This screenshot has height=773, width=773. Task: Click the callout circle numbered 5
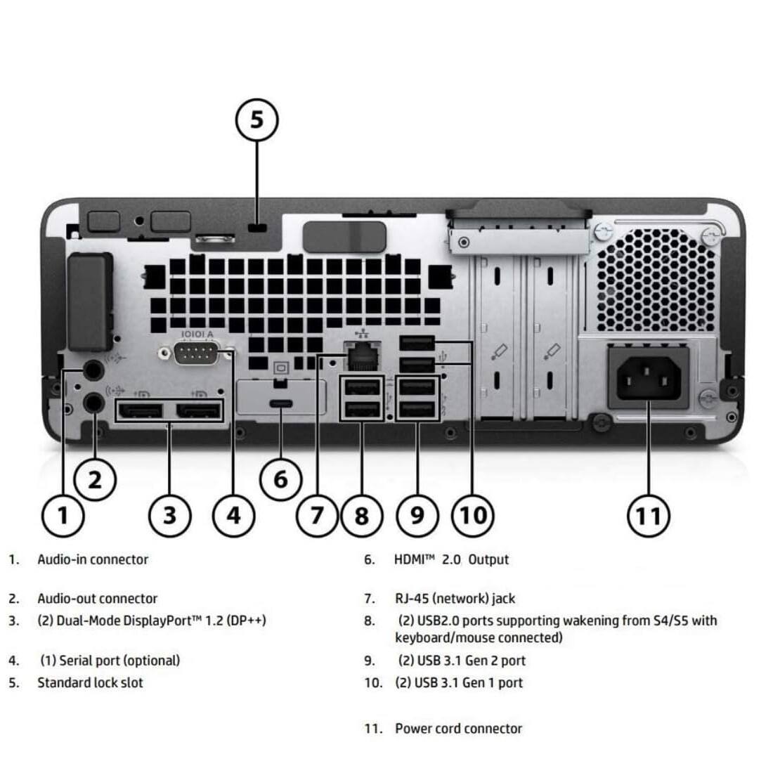pos(256,119)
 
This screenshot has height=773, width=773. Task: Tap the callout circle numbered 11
pos(648,516)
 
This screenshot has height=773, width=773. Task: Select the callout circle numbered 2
pos(95,480)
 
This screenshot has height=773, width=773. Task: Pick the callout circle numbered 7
pos(317,515)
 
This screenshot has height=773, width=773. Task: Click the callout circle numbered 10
pos(472,515)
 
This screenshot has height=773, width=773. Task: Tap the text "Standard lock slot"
pos(90,682)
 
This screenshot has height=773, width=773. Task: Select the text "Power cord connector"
pos(458,729)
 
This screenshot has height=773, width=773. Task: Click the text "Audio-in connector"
pos(93,560)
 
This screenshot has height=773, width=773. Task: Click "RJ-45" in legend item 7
pos(412,599)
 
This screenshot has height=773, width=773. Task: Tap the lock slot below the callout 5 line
pos(258,228)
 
